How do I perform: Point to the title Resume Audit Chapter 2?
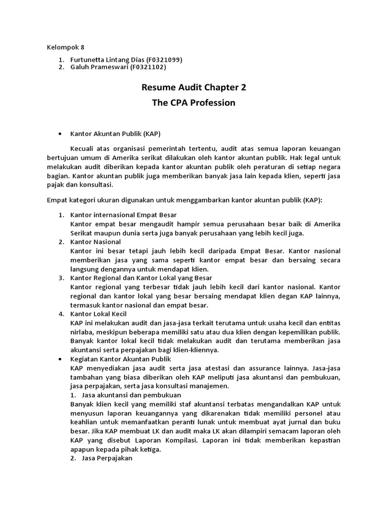coord(193,87)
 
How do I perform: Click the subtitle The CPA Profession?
coord(193,103)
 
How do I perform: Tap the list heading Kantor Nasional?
coord(95,242)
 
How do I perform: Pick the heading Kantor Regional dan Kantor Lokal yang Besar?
coord(141,278)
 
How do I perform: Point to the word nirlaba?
coord(83,332)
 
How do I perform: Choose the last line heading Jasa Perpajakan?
coord(107,458)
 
